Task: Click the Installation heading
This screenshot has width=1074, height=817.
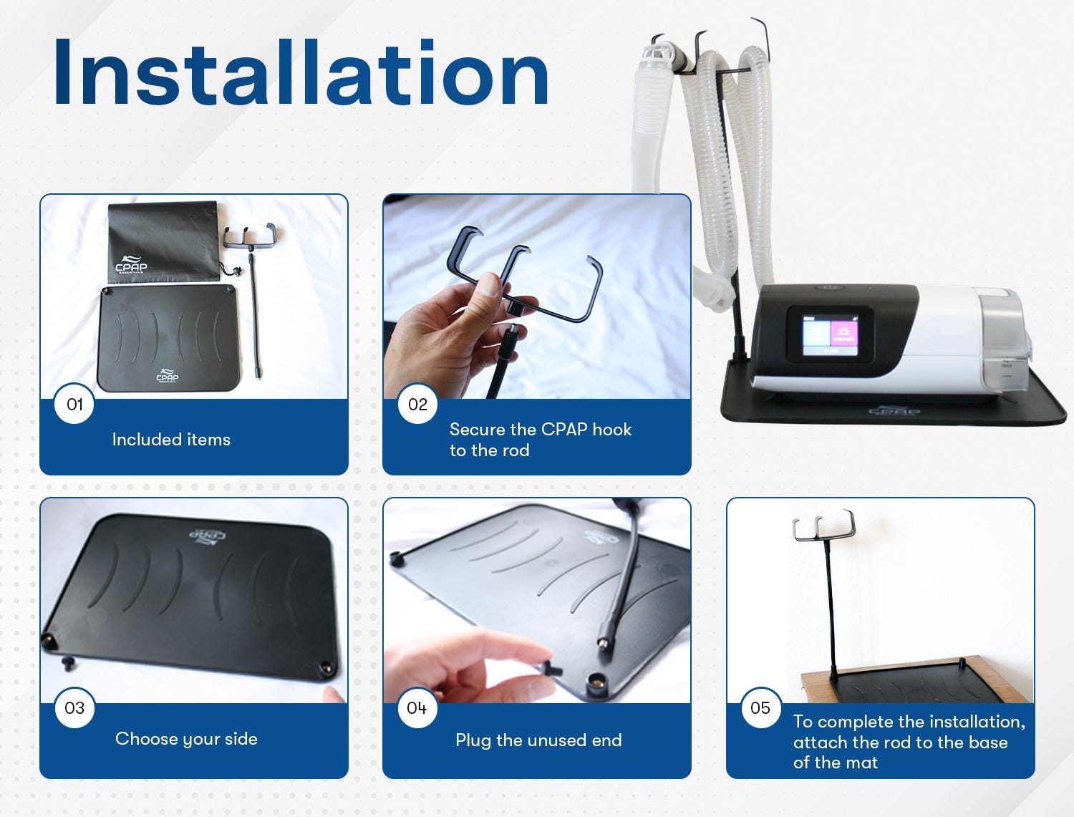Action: [301, 72]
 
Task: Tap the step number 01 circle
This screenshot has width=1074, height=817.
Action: [74, 404]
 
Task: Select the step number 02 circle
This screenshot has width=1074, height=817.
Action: [417, 404]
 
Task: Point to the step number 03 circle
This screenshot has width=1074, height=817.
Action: [74, 707]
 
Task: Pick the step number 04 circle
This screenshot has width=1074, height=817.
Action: [417, 707]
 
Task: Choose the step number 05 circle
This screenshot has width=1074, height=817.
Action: [760, 707]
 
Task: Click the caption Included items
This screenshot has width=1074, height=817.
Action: [171, 440]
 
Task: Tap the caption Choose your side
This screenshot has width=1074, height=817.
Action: [186, 739]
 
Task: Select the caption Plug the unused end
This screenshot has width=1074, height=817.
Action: [538, 740]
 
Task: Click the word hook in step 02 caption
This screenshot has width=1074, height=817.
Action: [611, 429]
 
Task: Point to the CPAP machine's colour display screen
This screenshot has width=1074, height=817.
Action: [830, 334]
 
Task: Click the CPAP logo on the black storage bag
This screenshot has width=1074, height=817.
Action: [130, 265]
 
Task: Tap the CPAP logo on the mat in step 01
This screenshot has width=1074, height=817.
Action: [168, 375]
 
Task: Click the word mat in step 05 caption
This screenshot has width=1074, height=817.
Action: [864, 763]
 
